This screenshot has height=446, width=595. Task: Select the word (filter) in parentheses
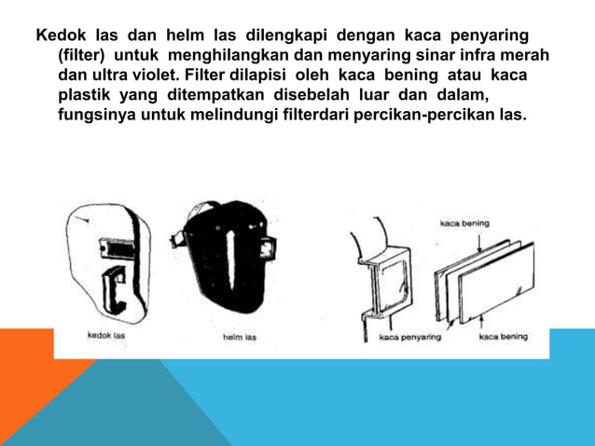coord(81,56)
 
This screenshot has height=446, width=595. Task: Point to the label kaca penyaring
coord(410,338)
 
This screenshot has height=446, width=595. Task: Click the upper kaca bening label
coord(464,223)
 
